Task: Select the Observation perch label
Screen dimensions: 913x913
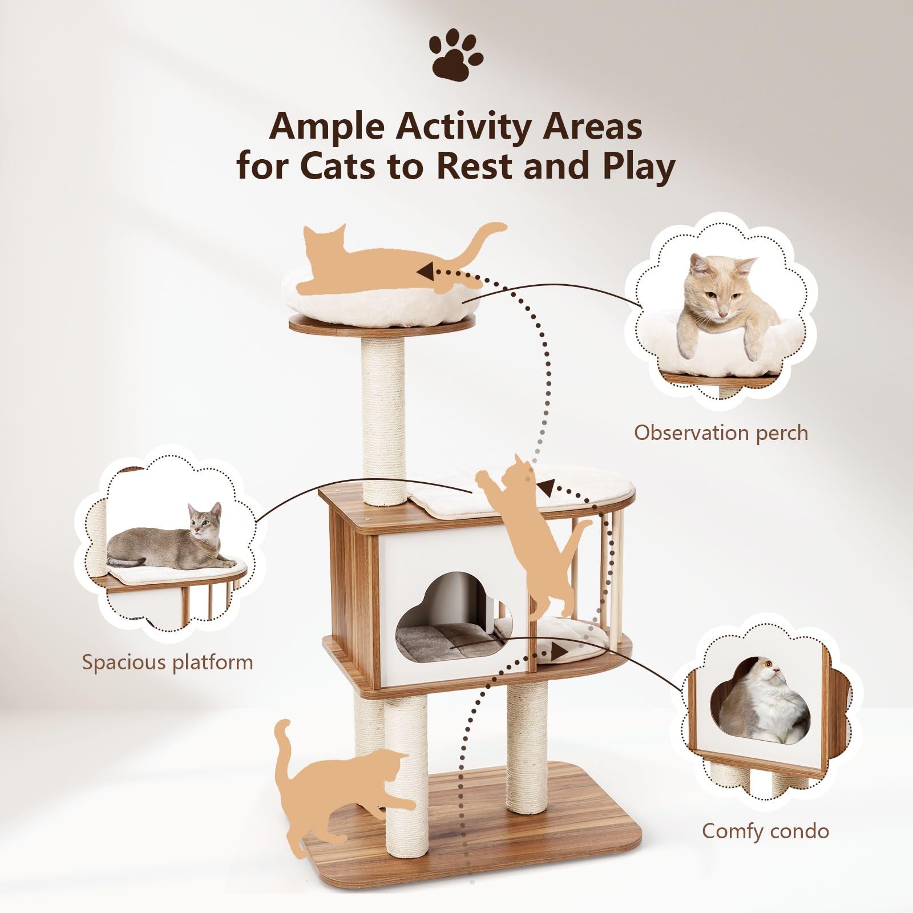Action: (x=721, y=433)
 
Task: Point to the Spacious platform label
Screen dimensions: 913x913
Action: (x=167, y=662)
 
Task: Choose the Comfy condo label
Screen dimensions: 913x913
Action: (x=765, y=831)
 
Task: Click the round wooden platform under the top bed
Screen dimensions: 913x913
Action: (x=382, y=324)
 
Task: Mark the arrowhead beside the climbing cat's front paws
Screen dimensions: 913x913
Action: (x=548, y=488)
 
